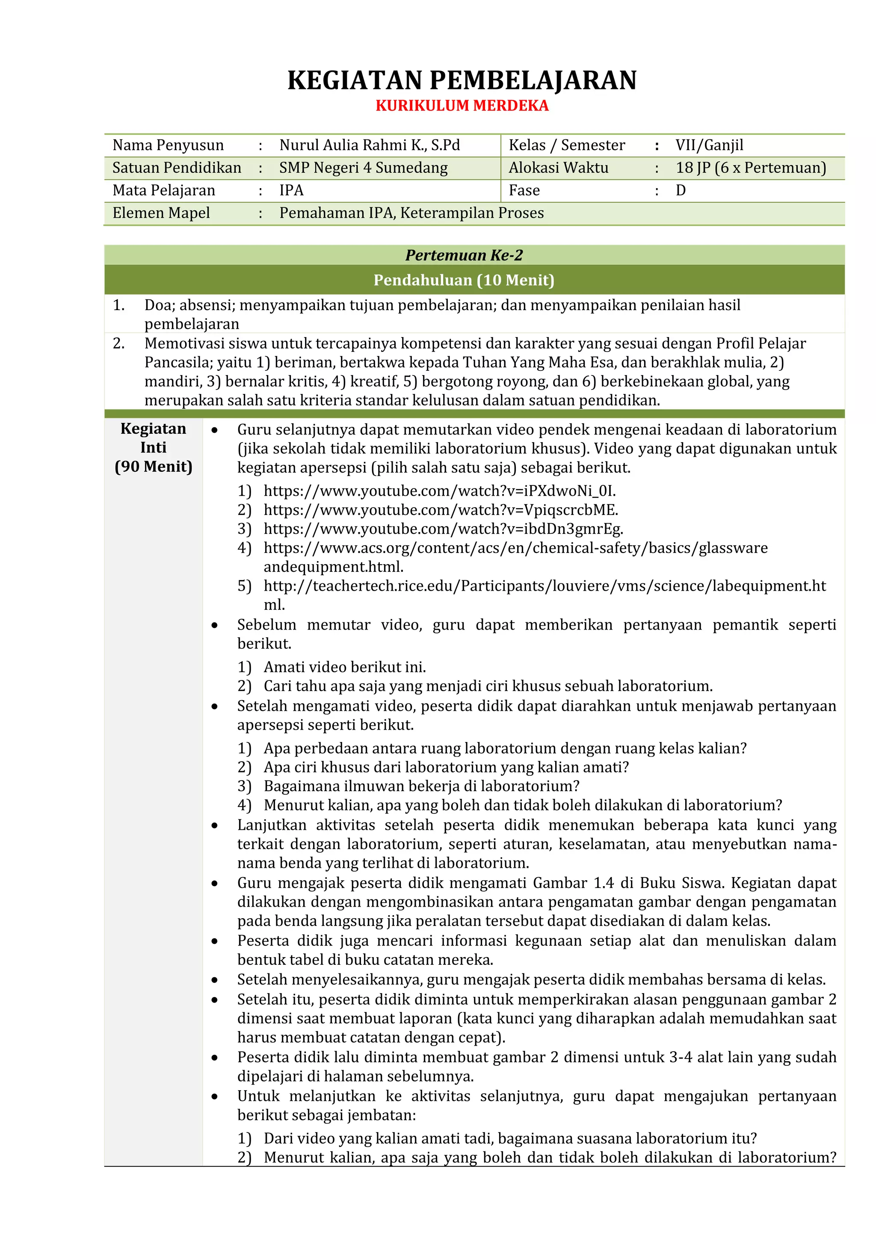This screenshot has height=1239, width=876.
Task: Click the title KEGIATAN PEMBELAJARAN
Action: point(462,80)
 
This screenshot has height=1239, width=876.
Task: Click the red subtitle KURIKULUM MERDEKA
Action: point(462,106)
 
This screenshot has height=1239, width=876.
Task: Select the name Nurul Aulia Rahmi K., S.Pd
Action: point(369,145)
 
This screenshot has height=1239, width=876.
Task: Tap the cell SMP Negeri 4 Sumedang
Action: point(363,168)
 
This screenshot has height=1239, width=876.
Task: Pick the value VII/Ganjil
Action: point(709,145)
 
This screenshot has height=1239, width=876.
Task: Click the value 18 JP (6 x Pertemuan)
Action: point(750,168)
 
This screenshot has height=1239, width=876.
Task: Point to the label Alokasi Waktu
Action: point(558,168)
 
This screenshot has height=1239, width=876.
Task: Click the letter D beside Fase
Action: point(681,190)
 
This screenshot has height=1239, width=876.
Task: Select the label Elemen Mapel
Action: point(161,213)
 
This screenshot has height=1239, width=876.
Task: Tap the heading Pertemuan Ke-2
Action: point(464,255)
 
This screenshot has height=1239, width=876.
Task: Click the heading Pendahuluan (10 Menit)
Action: point(464,280)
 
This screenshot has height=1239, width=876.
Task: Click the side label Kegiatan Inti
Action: point(153,438)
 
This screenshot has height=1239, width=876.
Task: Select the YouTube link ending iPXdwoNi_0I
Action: point(439,491)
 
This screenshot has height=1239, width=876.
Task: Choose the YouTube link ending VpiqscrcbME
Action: point(441,510)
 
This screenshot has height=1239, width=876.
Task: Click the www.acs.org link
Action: point(515,548)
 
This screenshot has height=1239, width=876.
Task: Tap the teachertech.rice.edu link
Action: point(544,586)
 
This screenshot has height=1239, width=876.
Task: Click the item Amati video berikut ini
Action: point(344,668)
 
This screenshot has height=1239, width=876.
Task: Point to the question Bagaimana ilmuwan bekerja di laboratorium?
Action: point(421,786)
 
